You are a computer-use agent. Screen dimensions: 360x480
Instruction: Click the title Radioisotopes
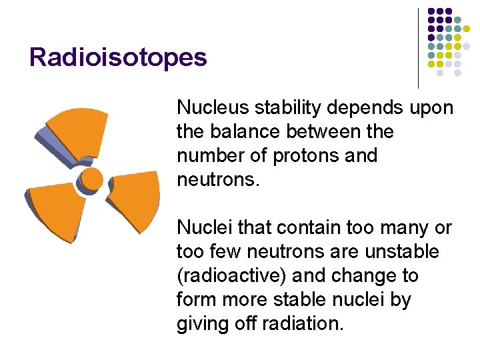[x=118, y=57]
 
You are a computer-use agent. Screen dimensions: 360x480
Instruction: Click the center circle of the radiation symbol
[x=91, y=179]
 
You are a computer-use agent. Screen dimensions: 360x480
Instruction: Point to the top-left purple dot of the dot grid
[x=431, y=12]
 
